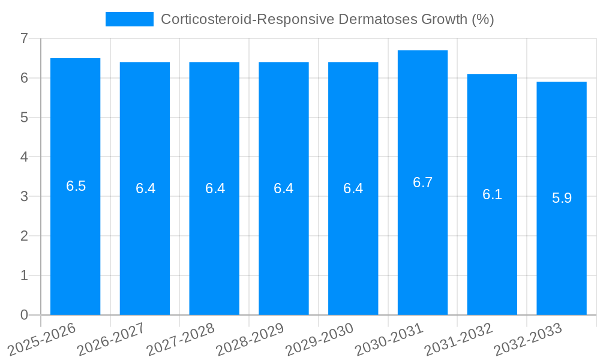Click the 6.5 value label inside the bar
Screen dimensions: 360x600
(76, 186)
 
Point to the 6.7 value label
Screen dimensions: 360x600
(422, 182)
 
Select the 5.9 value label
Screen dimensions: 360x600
(562, 198)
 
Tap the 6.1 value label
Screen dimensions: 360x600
(492, 194)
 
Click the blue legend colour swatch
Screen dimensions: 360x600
(129, 19)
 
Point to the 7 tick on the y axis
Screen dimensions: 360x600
(24, 38)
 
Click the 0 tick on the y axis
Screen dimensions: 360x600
(24, 315)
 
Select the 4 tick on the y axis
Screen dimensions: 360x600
(24, 157)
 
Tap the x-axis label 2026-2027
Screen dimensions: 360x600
(111, 339)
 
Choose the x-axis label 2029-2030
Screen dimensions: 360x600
(319, 339)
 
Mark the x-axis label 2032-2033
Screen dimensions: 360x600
(527, 339)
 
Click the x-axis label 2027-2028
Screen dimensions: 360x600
(181, 339)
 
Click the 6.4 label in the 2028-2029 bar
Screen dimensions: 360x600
(283, 188)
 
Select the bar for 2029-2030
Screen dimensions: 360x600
(353, 252)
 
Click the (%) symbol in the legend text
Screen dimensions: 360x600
(482, 19)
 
